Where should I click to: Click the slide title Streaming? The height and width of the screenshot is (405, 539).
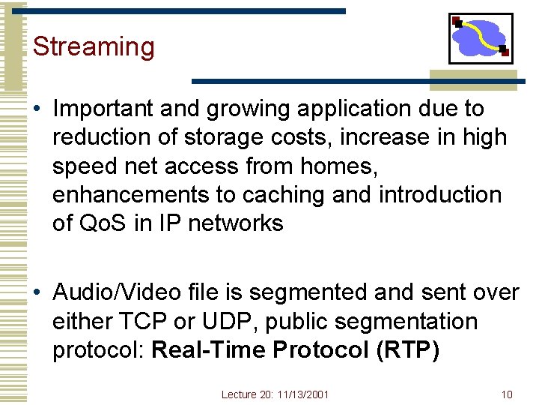point(94,47)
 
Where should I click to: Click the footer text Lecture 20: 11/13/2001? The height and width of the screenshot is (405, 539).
point(275,394)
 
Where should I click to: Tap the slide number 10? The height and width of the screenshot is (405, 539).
point(507,394)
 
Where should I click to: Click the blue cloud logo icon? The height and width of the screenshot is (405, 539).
point(480,38)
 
